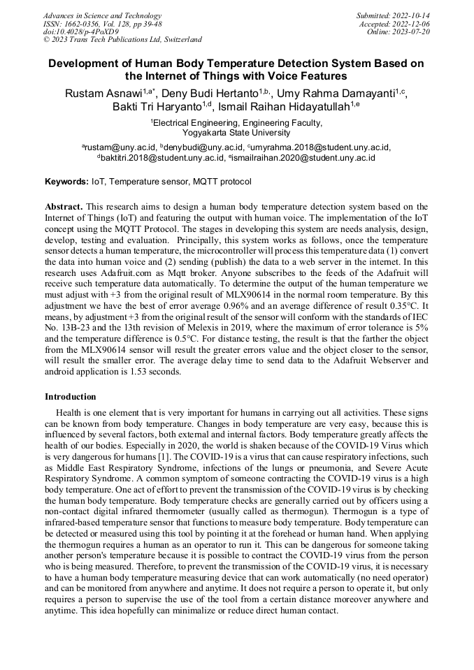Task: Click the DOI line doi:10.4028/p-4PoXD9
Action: (81, 31)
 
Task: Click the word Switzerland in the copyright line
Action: (179, 40)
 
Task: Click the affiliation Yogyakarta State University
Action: (236, 132)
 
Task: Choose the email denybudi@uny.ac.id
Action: (204, 147)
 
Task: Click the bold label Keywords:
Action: (66, 182)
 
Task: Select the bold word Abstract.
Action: (64, 207)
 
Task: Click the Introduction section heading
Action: (71, 397)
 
